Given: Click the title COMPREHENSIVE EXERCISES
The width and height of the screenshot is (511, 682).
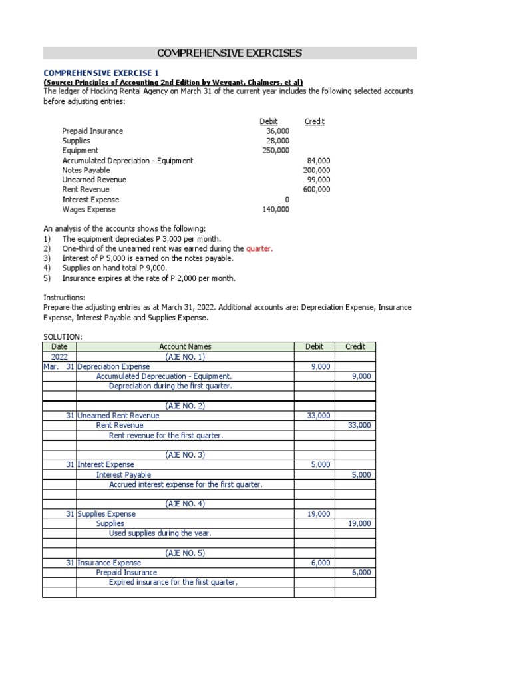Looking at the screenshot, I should point(230,53).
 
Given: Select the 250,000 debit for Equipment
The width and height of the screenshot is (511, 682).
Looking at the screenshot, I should point(277,151).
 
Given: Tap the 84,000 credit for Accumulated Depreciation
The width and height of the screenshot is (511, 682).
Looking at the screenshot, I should point(318,161).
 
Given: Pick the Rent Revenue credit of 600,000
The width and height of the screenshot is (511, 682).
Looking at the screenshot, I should point(316,190).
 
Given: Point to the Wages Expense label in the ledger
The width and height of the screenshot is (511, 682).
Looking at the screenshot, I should point(88,209).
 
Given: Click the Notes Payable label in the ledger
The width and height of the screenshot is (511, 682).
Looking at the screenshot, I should point(86,170).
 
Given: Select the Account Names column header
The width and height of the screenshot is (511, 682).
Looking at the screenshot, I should point(185,346).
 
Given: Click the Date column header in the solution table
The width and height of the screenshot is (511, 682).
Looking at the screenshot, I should point(59,346).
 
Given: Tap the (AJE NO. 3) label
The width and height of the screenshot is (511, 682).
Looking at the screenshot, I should point(185,454).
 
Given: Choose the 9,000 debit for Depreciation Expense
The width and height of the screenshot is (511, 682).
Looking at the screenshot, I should point(320,366).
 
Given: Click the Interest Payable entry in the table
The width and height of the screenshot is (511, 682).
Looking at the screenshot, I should point(124,474).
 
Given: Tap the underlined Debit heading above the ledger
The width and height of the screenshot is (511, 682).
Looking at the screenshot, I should point(269,121).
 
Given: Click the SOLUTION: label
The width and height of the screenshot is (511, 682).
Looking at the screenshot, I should point(63,338).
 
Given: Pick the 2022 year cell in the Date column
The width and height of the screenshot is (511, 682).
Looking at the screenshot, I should point(59,356).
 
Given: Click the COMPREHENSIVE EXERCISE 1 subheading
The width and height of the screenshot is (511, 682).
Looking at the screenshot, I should point(101,72).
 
